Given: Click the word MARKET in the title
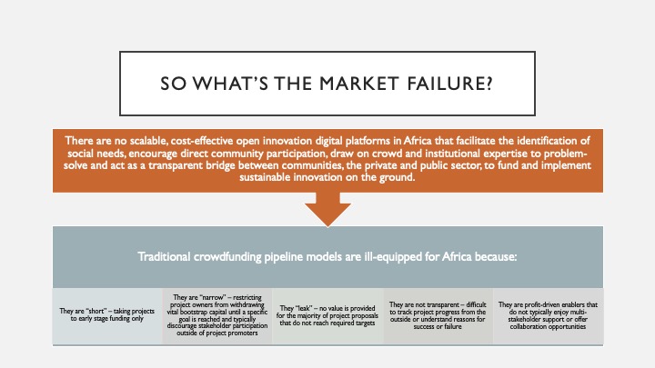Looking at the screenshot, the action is pyautogui.click(x=358, y=84).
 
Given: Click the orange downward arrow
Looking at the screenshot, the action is pyautogui.click(x=327, y=209).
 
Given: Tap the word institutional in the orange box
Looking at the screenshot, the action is pyautogui.click(x=452, y=154).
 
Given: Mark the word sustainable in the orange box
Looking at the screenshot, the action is pyautogui.click(x=265, y=177).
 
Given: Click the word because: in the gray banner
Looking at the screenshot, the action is pyautogui.click(x=496, y=256).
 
